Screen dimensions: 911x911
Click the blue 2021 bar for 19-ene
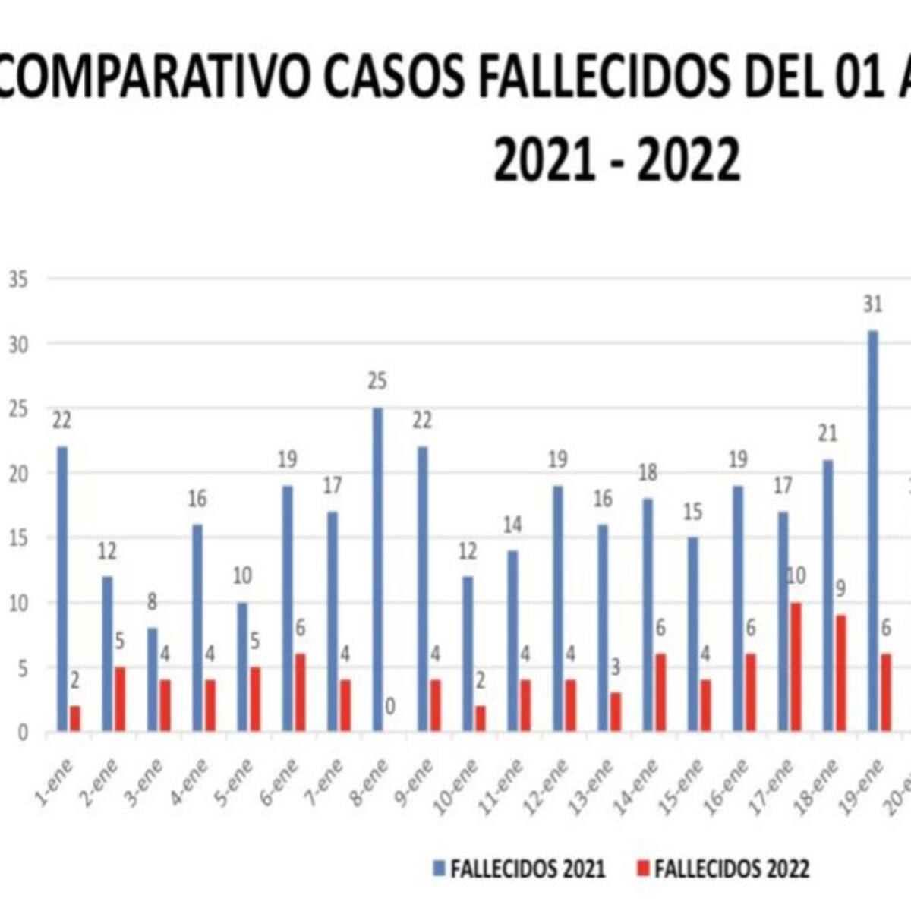pos(873,531)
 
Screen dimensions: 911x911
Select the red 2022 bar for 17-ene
pos(795,667)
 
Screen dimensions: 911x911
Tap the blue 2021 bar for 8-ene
pos(377,569)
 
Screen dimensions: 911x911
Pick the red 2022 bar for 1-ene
pos(75,719)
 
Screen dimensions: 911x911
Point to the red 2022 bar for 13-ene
pos(616,712)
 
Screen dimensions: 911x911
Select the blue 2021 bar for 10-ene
pos(468,654)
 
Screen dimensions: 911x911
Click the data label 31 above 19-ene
pos(873,305)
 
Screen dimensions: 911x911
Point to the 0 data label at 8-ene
pos(390,707)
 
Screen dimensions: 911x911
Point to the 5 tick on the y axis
pos(23,669)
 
